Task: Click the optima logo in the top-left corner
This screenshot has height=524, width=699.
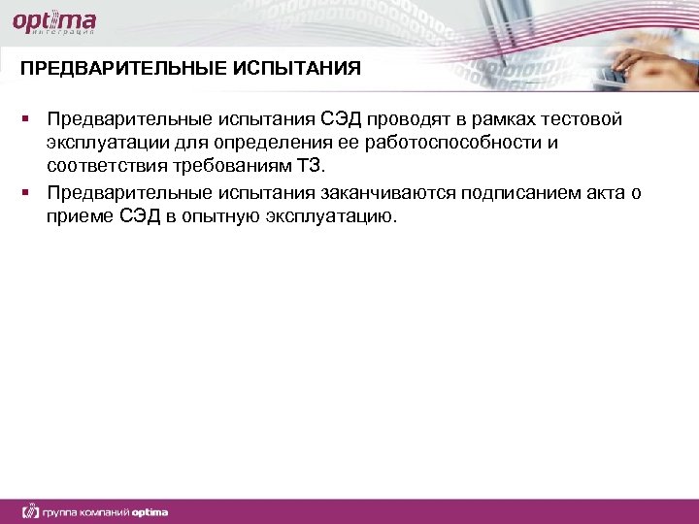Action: [x=54, y=20]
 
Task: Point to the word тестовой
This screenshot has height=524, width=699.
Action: [x=585, y=119]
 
